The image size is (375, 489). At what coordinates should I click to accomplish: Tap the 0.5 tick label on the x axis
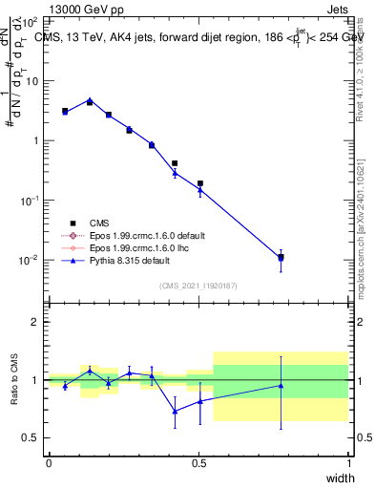(x=198, y=463)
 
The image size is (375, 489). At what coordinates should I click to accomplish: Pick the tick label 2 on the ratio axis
(x=33, y=322)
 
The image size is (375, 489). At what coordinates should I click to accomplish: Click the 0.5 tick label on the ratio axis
(x=30, y=437)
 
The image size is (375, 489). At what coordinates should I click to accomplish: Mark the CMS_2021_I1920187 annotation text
(x=198, y=285)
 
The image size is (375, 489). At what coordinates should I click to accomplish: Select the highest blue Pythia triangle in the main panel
(x=90, y=98)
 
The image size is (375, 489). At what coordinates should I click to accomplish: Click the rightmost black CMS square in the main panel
(x=281, y=257)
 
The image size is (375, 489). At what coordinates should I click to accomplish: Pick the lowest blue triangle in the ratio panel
(x=175, y=412)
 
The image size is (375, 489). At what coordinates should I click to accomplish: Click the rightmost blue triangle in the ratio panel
(x=281, y=386)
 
